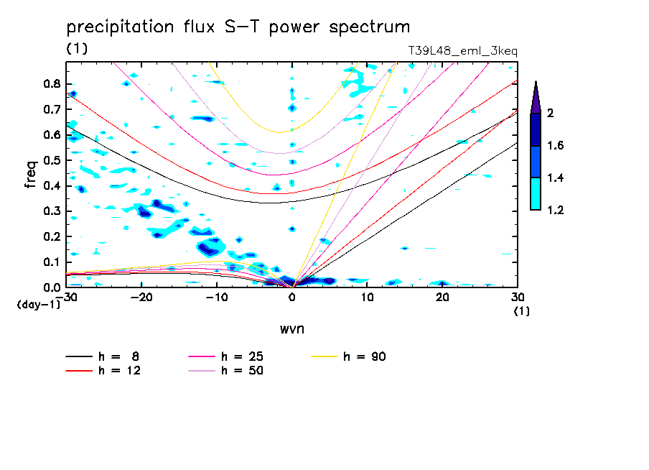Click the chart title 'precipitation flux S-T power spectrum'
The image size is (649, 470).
(238, 27)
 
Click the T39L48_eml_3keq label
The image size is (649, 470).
(462, 50)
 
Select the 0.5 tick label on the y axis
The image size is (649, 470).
(52, 160)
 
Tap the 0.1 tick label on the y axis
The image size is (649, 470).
(52, 262)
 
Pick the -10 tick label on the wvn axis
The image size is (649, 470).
(217, 297)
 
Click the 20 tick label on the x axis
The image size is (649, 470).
(442, 297)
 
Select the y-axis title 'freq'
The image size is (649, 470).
(31, 175)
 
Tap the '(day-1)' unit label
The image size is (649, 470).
(37, 305)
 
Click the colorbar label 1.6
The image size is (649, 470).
(556, 146)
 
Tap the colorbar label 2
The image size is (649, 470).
(551, 114)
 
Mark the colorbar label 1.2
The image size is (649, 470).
(556, 210)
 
